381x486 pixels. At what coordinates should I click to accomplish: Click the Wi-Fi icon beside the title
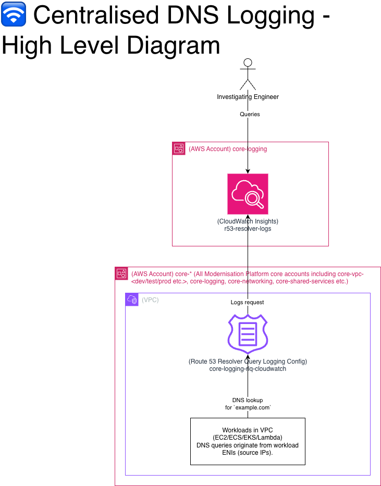(14, 16)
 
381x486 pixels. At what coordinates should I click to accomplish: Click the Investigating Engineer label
(248, 97)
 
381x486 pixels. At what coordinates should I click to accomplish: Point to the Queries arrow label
(250, 114)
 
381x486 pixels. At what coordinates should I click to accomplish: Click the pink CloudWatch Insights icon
(248, 194)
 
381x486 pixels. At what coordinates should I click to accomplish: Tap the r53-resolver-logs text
(248, 229)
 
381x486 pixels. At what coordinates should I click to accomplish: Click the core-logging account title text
(228, 149)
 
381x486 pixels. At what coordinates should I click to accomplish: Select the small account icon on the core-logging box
(179, 148)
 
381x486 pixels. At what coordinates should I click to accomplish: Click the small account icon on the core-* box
(121, 273)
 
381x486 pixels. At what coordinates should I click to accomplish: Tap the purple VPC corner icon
(132, 300)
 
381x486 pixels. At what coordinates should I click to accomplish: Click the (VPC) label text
(150, 300)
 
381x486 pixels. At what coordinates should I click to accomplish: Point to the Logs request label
(248, 302)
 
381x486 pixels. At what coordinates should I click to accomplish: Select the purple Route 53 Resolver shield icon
(248, 334)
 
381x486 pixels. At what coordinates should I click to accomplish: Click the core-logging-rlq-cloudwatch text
(248, 369)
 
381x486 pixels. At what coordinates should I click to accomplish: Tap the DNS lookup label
(248, 400)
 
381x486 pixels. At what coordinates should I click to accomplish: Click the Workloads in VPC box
(248, 441)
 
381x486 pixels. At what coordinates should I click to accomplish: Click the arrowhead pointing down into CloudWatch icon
(248, 170)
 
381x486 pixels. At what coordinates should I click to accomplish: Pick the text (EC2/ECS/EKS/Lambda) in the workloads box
(248, 438)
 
